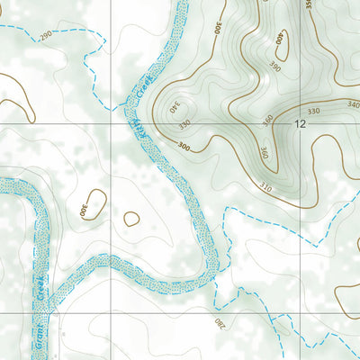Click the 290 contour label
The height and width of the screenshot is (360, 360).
(46, 33)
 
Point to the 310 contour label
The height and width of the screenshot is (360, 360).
(265, 187)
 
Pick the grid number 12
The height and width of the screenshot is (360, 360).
(299, 125)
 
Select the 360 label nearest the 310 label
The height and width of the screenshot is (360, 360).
(264, 153)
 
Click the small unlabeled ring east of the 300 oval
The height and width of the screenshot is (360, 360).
(131, 218)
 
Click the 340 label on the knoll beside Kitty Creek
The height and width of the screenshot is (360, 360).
(171, 110)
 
